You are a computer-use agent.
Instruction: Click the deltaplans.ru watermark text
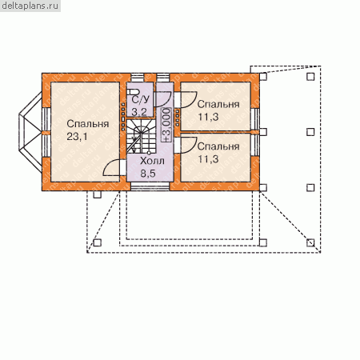pyautogui.click(x=30, y=6)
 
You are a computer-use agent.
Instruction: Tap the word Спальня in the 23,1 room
pyautogui.click(x=88, y=124)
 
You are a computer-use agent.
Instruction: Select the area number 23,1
pyautogui.click(x=77, y=137)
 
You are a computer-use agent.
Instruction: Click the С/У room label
pyautogui.click(x=141, y=99)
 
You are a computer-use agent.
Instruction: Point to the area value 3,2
pyautogui.click(x=139, y=112)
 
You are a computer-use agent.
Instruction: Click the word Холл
pyautogui.click(x=152, y=161)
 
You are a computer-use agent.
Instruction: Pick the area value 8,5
pyautogui.click(x=148, y=174)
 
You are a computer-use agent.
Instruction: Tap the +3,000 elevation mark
pyautogui.click(x=166, y=125)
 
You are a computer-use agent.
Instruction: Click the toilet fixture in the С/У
pyautogui.click(x=131, y=92)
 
